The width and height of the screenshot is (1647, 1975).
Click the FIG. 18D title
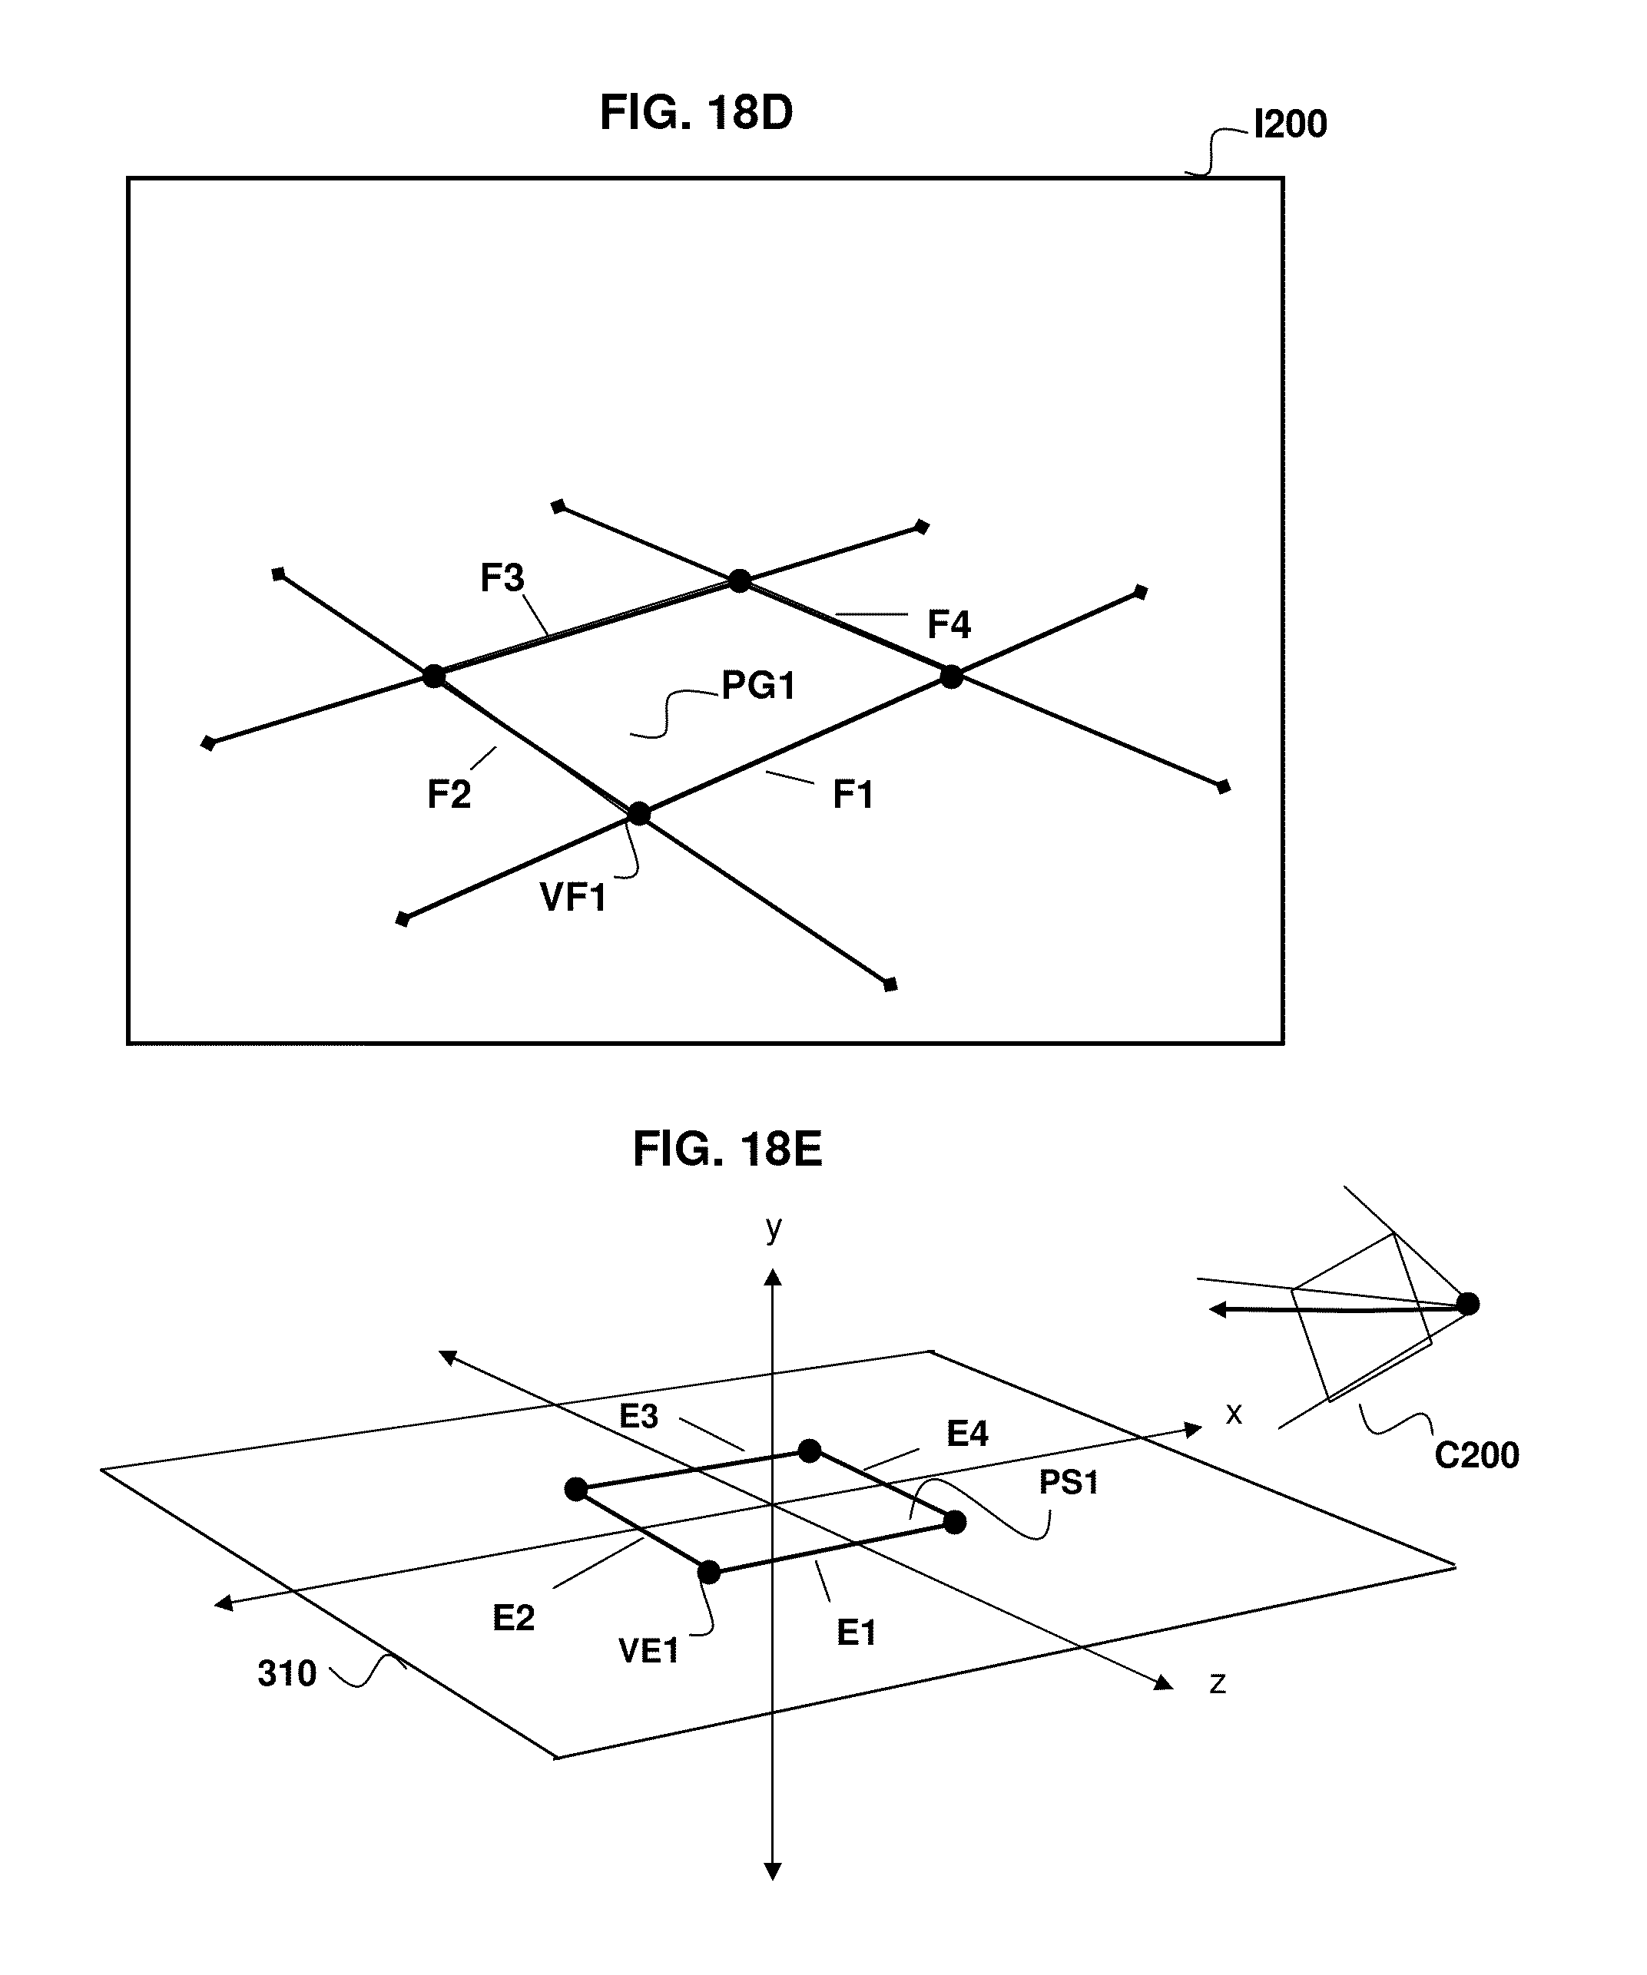[x=696, y=114]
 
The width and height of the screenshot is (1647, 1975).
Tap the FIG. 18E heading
[x=727, y=1150]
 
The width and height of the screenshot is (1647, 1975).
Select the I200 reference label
[x=1290, y=124]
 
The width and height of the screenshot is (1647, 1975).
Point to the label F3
[x=502, y=577]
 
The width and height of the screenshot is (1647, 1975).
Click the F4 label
[x=948, y=624]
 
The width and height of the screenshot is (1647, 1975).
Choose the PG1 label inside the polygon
[x=758, y=686]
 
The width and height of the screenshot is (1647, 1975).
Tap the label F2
[x=448, y=795]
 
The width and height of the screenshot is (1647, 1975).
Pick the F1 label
[x=853, y=795]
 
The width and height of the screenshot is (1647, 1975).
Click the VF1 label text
[x=573, y=897]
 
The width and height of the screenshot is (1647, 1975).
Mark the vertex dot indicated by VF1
[x=638, y=813]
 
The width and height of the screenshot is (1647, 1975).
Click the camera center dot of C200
[x=1467, y=1304]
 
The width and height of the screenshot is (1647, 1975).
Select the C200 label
[x=1476, y=1455]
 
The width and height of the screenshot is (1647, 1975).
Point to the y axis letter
[x=773, y=1227]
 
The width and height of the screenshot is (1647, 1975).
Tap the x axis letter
[x=1234, y=1414]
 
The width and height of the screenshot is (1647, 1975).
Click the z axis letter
[x=1217, y=1682]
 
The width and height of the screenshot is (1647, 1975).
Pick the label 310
[x=287, y=1674]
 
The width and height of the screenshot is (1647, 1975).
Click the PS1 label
[x=1069, y=1482]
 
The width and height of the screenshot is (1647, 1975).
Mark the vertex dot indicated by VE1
[x=709, y=1572]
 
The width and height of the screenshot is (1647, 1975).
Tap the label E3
[x=638, y=1416]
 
